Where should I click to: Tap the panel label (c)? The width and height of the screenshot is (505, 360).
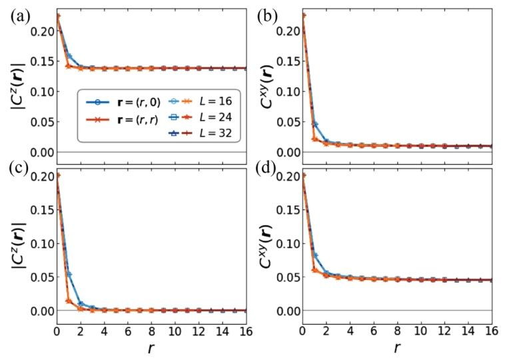click(18, 179)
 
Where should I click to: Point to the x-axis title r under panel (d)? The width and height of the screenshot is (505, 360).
click(398, 348)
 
